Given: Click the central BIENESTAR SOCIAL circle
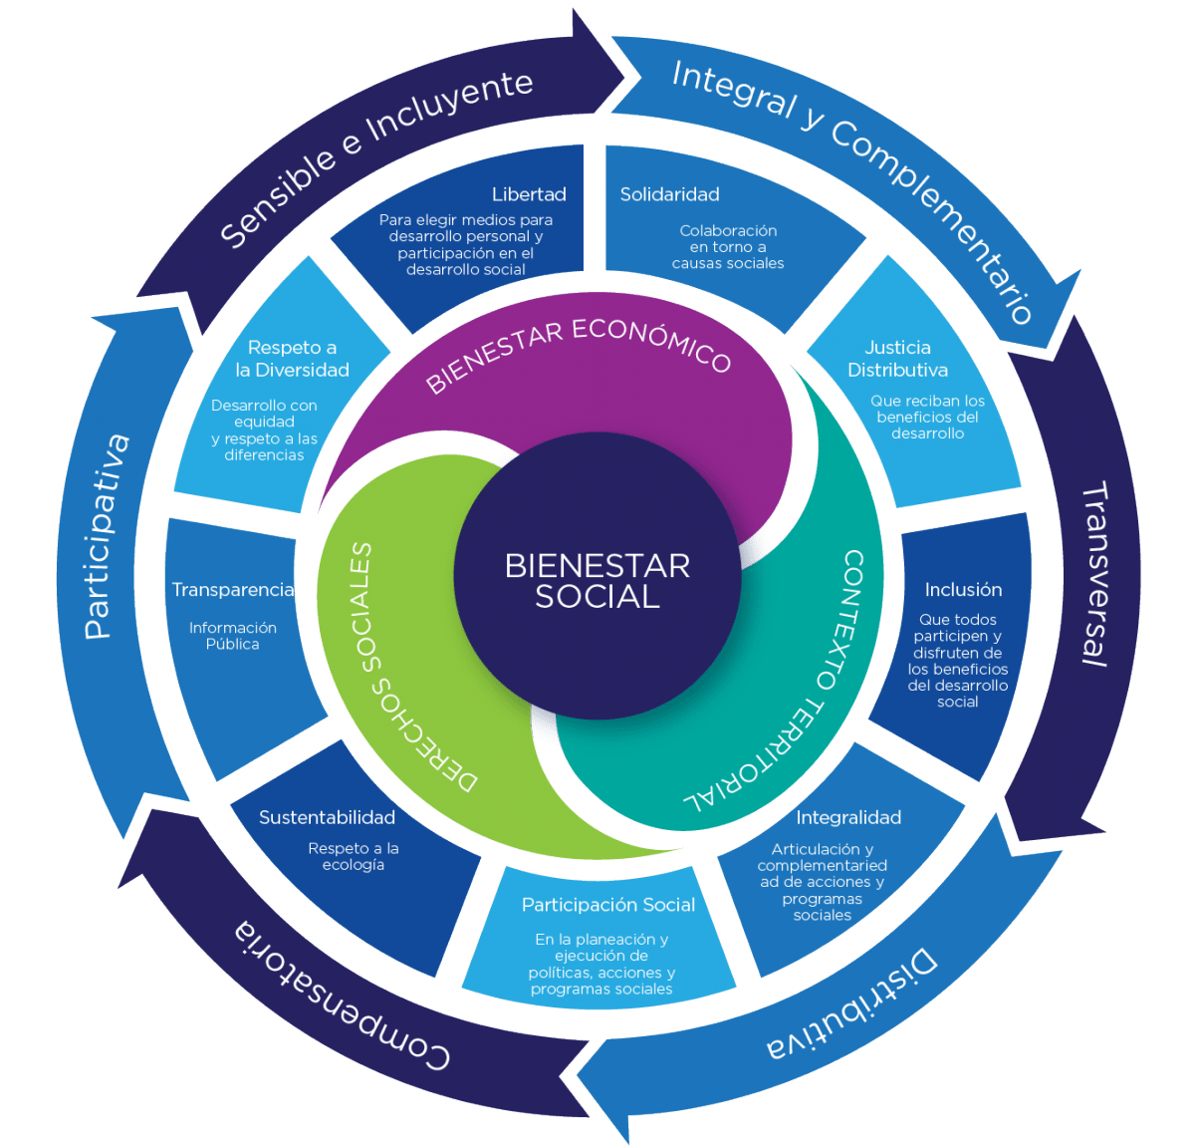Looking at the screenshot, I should pos(597,580).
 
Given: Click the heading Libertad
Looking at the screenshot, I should pos(529,194).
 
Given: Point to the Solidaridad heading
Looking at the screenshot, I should pos(669,194).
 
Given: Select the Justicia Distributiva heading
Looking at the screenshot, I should pos(897,359).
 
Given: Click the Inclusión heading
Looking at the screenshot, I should pos(963,590).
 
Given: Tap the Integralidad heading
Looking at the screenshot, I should pos(848,817).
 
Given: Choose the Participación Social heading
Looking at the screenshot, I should pos(608,905).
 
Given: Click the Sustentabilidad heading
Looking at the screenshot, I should pos(327,817).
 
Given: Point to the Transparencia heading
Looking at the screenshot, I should pos(232,590).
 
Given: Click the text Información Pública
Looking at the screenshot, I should pos(233,636).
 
